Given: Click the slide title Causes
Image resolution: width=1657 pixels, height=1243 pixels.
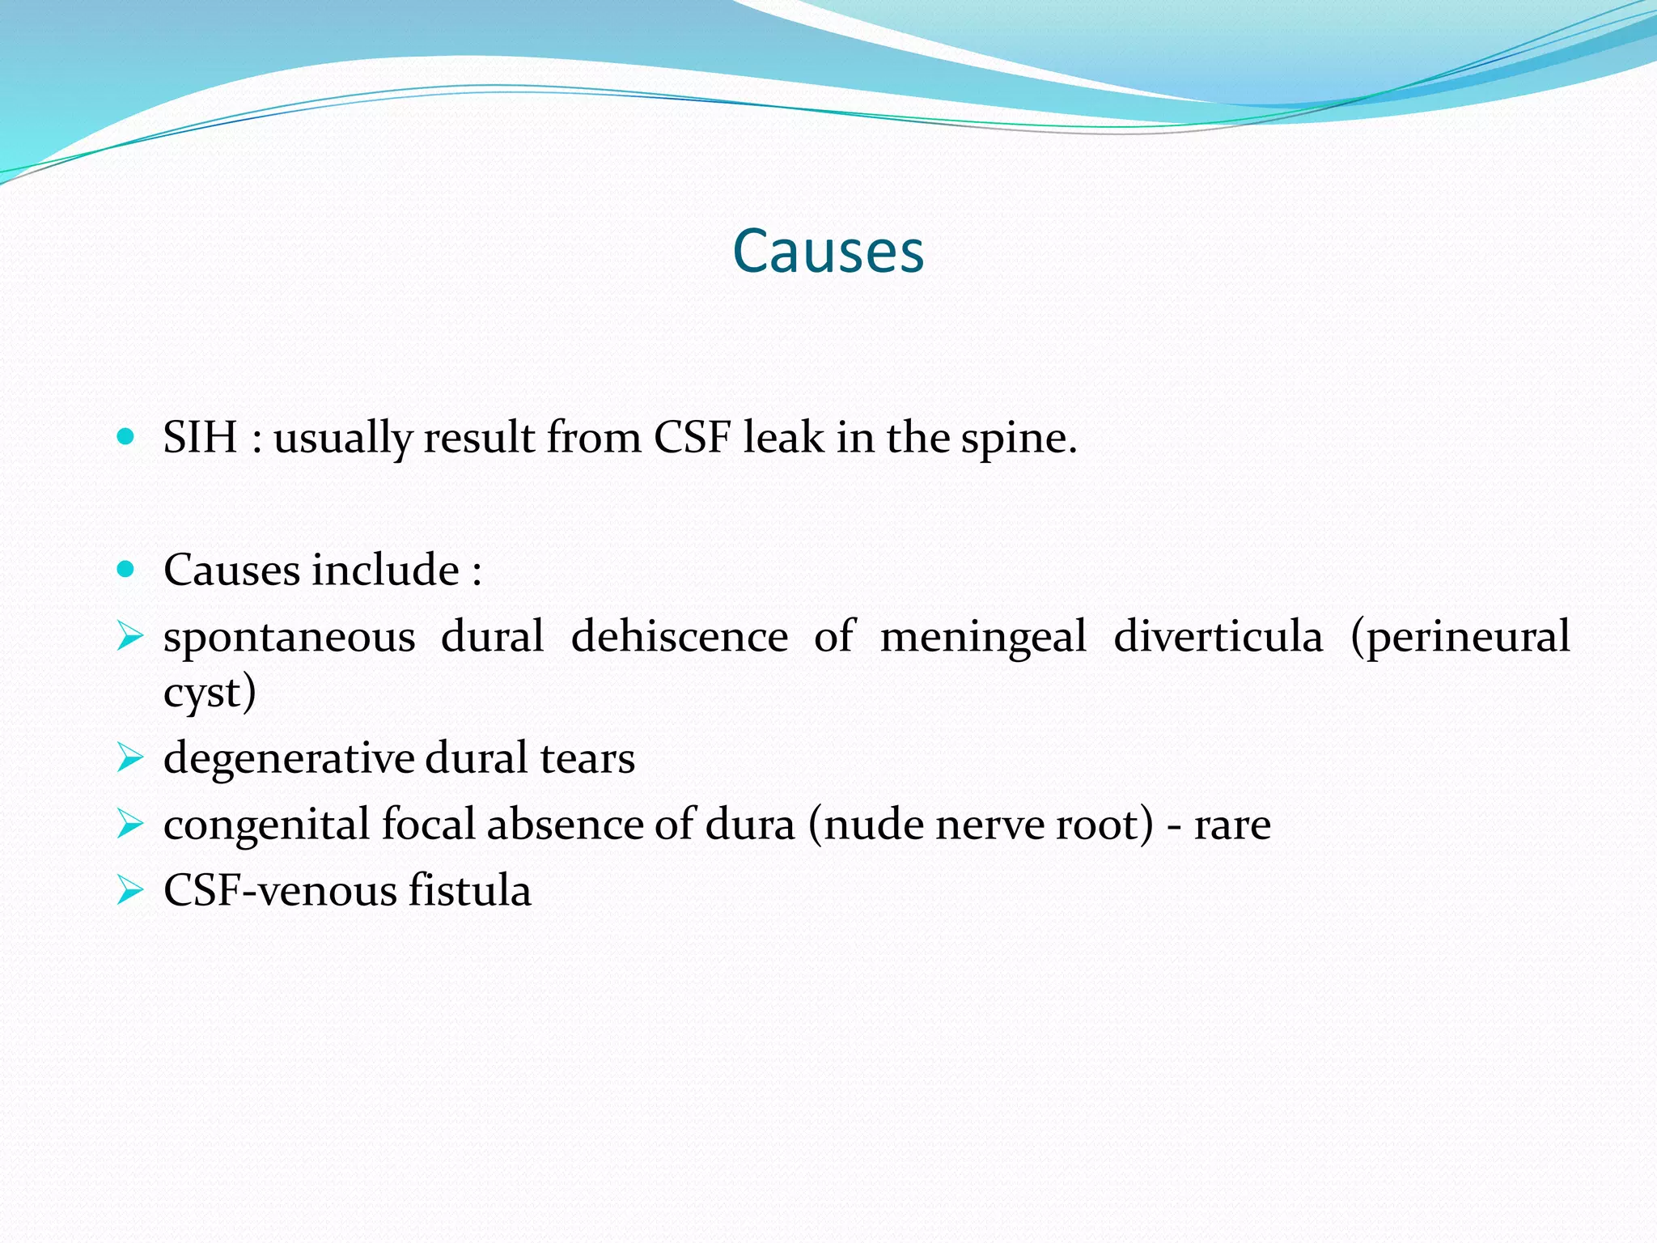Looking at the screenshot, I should [x=828, y=251].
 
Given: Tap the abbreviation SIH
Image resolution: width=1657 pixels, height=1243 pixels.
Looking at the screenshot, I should [x=200, y=438].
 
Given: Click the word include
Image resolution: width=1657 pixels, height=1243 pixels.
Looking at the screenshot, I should [x=386, y=570].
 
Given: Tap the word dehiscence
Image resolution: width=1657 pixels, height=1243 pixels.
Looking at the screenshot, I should [x=679, y=636].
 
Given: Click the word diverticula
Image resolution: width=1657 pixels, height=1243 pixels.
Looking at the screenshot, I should [x=1218, y=636].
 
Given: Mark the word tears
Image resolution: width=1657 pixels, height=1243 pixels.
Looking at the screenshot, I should [x=587, y=759].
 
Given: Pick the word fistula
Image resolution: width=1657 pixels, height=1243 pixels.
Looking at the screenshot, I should [x=469, y=891].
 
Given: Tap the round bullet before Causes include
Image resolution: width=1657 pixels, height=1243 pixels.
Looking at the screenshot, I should [x=125, y=570].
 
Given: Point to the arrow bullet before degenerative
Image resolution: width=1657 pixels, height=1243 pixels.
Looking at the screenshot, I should [x=129, y=759].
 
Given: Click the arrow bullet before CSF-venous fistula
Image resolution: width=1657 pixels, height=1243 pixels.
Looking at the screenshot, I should [x=129, y=891].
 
